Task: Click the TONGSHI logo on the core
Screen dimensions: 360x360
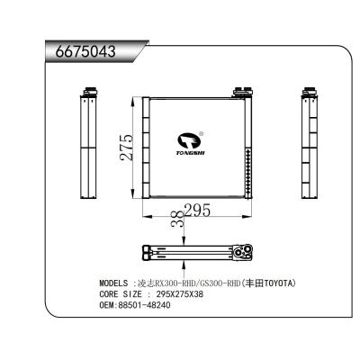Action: coord(191,144)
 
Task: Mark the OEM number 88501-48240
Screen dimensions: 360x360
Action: coord(144,306)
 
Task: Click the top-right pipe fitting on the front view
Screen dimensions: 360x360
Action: coord(241,92)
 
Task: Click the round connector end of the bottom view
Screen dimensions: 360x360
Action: coord(243,251)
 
